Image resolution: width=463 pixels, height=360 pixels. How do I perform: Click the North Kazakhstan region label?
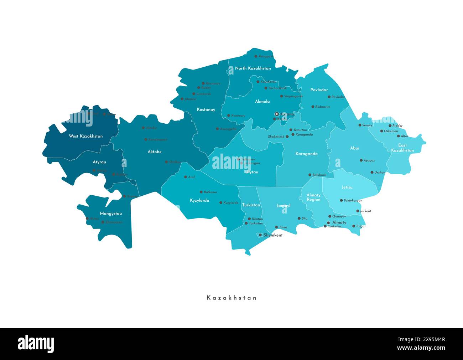tap(253, 68)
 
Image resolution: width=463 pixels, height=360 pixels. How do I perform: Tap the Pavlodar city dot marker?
tap(329, 97)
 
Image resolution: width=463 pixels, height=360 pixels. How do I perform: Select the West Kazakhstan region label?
tap(86, 136)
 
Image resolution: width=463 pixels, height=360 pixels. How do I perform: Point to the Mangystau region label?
tap(111, 214)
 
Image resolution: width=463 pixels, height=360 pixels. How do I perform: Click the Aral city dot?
tap(186, 177)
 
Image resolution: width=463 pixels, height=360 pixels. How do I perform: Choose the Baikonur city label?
tap(210, 192)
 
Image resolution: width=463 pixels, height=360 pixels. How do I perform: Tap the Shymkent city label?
tap(273, 235)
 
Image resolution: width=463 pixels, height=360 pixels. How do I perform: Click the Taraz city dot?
tap(276, 227)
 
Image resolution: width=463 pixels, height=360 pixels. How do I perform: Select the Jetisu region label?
tap(347, 187)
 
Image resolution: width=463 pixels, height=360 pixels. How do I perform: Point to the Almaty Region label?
tap(313, 197)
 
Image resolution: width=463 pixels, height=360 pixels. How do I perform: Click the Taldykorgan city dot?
tap(341, 200)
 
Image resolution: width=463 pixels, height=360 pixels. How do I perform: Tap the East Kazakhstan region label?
tap(402, 148)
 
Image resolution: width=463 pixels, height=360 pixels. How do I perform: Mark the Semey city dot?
tap(360, 125)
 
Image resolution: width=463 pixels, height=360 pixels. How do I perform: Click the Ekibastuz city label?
tap(322, 107)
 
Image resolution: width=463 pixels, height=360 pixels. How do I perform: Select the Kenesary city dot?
tap(228, 115)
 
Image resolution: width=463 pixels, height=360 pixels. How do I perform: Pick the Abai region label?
tap(355, 148)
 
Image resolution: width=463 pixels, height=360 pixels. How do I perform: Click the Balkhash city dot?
tap(309, 175)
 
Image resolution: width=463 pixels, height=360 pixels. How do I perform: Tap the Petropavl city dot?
tap(256, 56)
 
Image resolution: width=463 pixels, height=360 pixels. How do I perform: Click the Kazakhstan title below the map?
tap(231, 298)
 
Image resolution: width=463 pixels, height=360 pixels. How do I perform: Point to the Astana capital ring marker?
tap(276, 114)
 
